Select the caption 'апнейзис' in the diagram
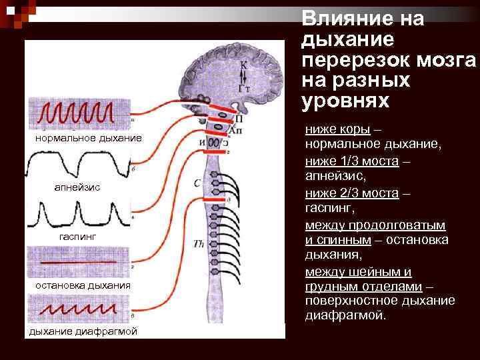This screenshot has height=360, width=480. pyautogui.click(x=77, y=187)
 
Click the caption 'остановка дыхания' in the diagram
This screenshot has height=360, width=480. pyautogui.click(x=79, y=285)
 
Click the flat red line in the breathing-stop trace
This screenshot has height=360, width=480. pyautogui.click(x=79, y=263)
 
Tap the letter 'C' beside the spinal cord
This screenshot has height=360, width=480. pyautogui.click(x=197, y=183)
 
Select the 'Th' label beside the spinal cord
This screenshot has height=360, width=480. pyautogui.click(x=198, y=244)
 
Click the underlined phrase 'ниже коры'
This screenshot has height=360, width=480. pyautogui.click(x=333, y=129)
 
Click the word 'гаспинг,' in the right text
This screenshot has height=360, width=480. pyautogui.click(x=330, y=209)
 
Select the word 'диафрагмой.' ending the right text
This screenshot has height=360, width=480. pyautogui.click(x=345, y=315)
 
